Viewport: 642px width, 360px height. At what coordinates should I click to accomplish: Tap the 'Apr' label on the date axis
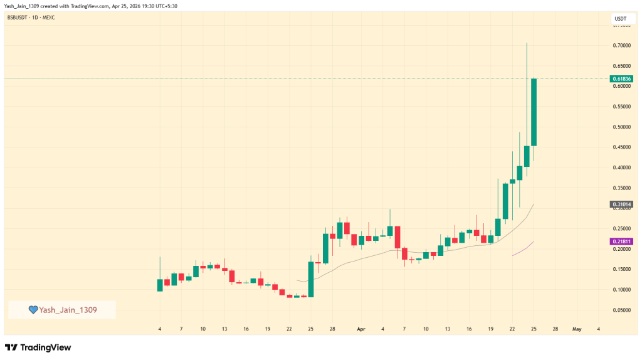coord(361,329)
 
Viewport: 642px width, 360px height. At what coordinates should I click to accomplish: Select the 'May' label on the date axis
coord(577,329)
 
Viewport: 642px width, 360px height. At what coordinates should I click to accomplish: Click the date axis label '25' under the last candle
coord(534,329)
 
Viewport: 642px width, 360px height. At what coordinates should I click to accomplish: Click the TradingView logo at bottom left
coord(38,347)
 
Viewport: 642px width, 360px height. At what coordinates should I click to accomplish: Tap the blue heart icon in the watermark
coord(33,310)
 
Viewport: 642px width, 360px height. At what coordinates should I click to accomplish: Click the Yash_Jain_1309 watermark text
coord(68,310)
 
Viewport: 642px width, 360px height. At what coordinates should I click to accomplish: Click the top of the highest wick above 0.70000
coord(527,43)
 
